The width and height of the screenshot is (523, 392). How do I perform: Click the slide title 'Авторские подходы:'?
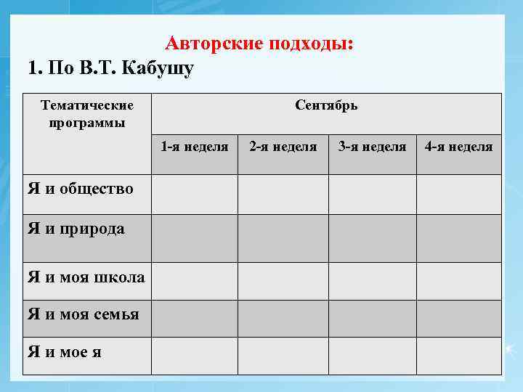(260, 44)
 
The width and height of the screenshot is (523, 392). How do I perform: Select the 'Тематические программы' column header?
(87, 114)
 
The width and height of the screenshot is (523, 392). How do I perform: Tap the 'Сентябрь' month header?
(326, 105)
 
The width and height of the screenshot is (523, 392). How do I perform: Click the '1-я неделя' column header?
(194, 147)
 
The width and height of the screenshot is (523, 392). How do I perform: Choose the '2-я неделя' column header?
(283, 147)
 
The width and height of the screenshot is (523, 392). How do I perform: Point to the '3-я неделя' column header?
(372, 147)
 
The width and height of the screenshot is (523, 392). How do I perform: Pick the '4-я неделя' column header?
(458, 147)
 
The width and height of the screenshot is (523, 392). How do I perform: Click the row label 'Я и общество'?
(81, 189)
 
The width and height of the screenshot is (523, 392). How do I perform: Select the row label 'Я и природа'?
(76, 229)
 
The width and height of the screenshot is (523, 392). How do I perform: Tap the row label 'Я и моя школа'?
(86, 277)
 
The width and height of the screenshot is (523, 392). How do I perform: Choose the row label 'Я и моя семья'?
(83, 314)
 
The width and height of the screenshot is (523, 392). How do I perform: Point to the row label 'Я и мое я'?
(65, 353)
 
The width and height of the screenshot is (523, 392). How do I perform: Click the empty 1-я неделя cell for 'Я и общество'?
(194, 195)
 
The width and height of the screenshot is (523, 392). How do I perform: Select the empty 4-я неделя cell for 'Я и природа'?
(458, 238)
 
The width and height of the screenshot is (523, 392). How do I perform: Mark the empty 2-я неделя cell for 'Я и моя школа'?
(283, 281)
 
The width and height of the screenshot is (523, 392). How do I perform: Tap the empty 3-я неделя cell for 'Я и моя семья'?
(372, 319)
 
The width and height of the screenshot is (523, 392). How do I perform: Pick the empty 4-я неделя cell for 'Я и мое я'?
(458, 356)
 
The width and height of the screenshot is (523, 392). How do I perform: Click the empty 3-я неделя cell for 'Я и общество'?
(372, 195)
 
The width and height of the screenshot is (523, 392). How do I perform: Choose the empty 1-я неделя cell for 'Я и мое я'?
(194, 356)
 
